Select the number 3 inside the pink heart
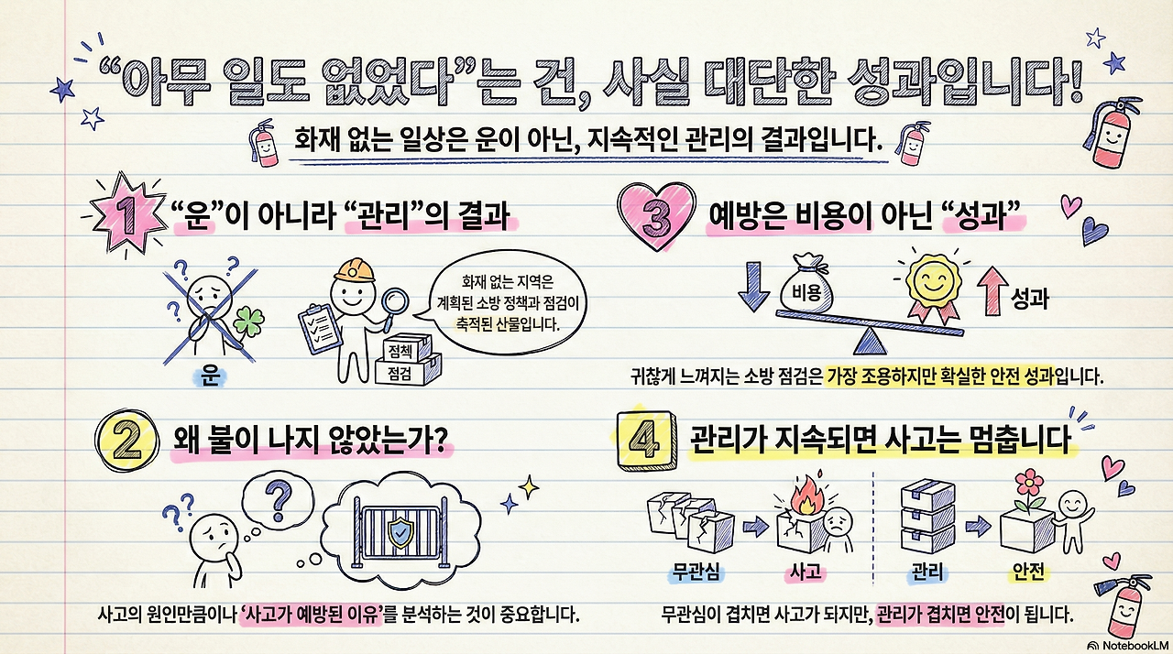click(659, 218)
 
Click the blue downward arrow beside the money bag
click(752, 287)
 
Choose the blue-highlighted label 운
click(211, 377)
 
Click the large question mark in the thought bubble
click(277, 503)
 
